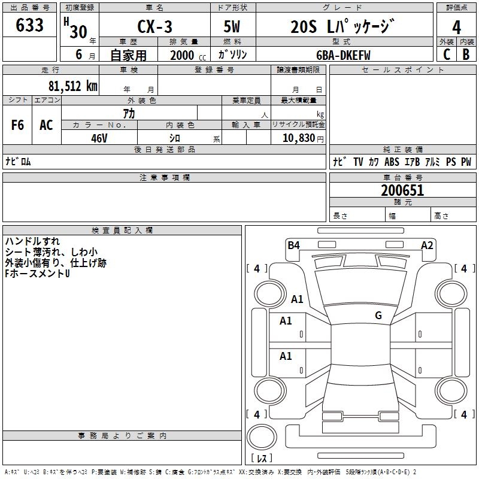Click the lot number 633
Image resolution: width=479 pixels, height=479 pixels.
coord(29,25)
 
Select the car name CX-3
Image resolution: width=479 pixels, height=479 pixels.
coord(154,26)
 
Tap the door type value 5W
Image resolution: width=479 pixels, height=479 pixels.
coord(232,26)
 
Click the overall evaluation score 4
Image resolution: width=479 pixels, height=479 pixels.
coord(456,28)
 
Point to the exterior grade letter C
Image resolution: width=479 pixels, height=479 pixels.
coord(447,54)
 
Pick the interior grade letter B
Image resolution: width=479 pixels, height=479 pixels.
coord(466,54)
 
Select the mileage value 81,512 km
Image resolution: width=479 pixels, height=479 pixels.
coord(73,86)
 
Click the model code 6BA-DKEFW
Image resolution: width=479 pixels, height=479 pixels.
coord(343,55)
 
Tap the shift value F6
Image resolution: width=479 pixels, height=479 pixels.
coord(17,125)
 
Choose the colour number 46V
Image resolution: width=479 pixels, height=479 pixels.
coord(99,138)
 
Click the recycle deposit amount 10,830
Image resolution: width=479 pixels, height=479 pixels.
coord(298,138)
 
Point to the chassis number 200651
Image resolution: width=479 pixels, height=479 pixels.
coord(402,190)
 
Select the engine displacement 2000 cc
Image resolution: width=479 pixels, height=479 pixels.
coord(188,55)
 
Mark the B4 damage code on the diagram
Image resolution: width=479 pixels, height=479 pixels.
coord(293,245)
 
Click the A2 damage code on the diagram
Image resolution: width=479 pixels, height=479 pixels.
coord(427,245)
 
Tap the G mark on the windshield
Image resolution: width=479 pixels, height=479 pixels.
coord(378,315)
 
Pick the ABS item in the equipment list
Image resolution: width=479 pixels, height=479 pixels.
coord(392,162)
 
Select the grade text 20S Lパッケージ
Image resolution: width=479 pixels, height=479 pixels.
coord(342,26)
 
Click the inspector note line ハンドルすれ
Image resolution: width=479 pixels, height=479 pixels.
coord(32,241)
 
